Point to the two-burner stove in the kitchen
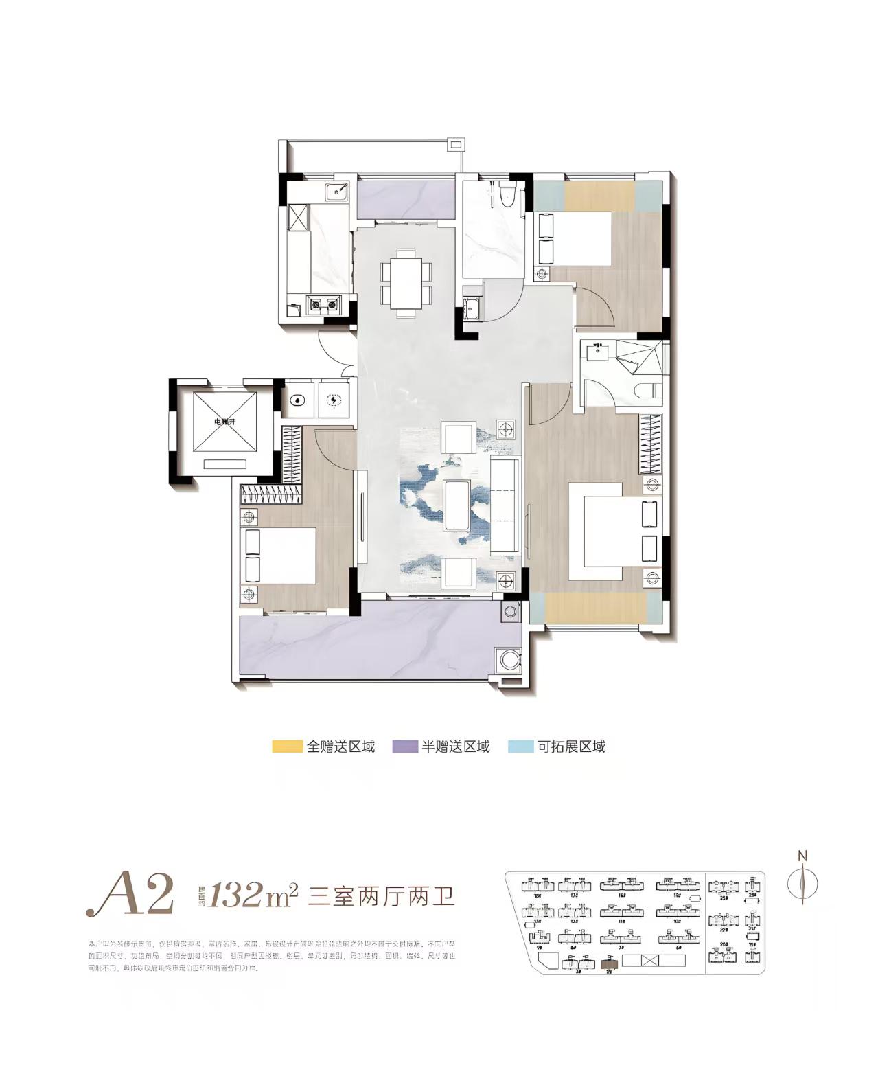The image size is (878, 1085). [x=323, y=303]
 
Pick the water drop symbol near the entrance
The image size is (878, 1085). [x=298, y=400]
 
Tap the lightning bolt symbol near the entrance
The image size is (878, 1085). [x=333, y=400]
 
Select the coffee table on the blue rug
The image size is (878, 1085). [x=458, y=505]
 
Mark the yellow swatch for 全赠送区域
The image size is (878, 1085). [x=287, y=746]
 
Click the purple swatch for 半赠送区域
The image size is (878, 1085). [x=404, y=746]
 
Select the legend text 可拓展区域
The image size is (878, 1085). [x=571, y=746]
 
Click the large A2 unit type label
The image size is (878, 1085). [x=130, y=895]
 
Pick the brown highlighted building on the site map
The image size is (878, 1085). [x=609, y=963]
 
